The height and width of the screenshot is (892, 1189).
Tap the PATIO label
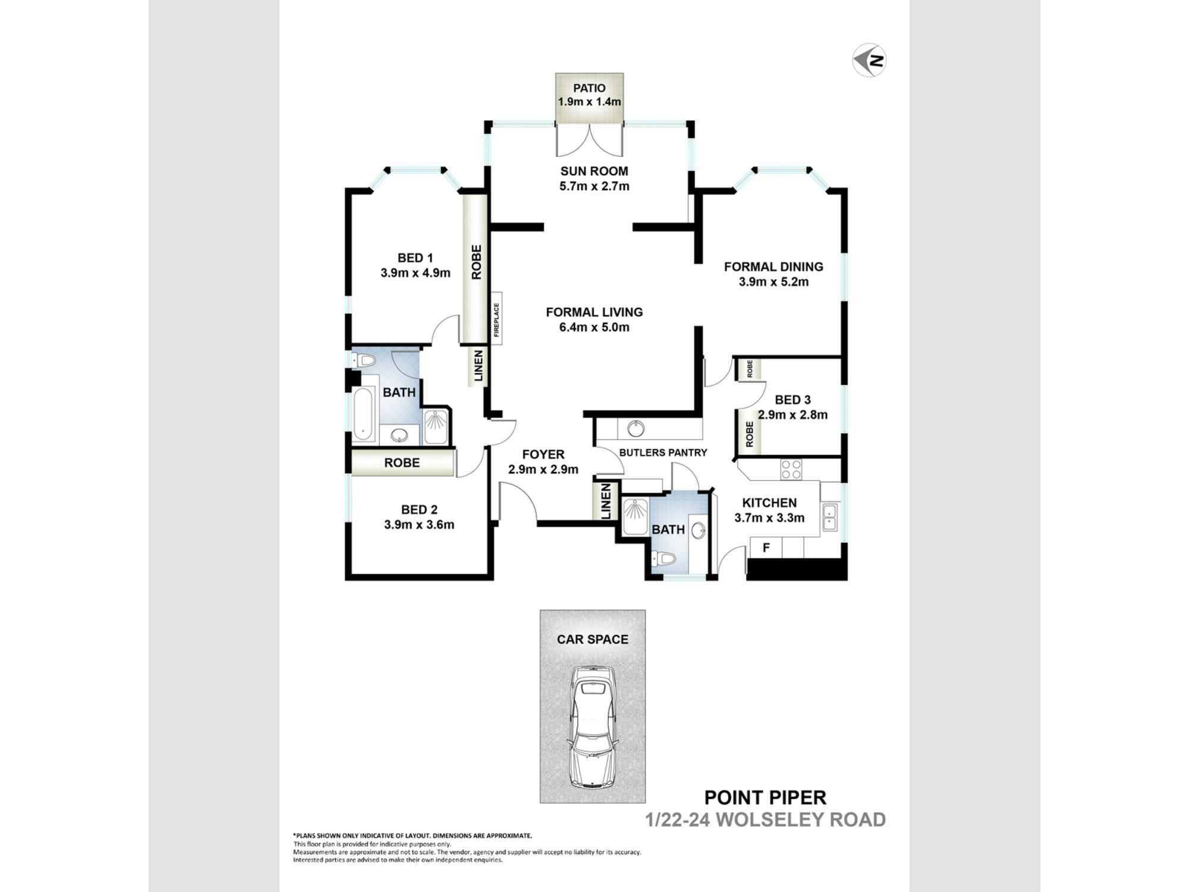[x=589, y=88]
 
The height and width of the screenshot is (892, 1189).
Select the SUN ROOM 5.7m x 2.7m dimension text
[x=594, y=186]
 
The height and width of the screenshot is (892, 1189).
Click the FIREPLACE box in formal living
[x=496, y=318]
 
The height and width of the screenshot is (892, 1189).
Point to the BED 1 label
[x=415, y=258]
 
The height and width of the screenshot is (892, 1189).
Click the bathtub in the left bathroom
[x=364, y=414]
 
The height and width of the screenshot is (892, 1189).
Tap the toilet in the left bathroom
[x=363, y=360]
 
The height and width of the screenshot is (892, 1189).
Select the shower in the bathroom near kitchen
[x=635, y=516]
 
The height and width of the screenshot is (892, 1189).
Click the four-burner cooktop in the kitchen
[x=791, y=469]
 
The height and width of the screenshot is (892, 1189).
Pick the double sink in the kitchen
[x=829, y=517]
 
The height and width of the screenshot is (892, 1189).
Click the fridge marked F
[x=766, y=548]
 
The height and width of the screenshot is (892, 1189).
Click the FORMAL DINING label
[x=773, y=267]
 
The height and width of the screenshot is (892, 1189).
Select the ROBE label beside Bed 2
[x=402, y=463]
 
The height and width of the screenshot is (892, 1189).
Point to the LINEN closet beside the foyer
[x=606, y=501]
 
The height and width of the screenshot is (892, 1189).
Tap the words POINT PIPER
[x=765, y=797]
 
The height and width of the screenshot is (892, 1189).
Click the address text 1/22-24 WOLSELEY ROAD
[x=765, y=820]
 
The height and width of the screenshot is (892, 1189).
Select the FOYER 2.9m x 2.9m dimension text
[x=543, y=469]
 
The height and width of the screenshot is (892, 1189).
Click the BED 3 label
[x=792, y=400]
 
